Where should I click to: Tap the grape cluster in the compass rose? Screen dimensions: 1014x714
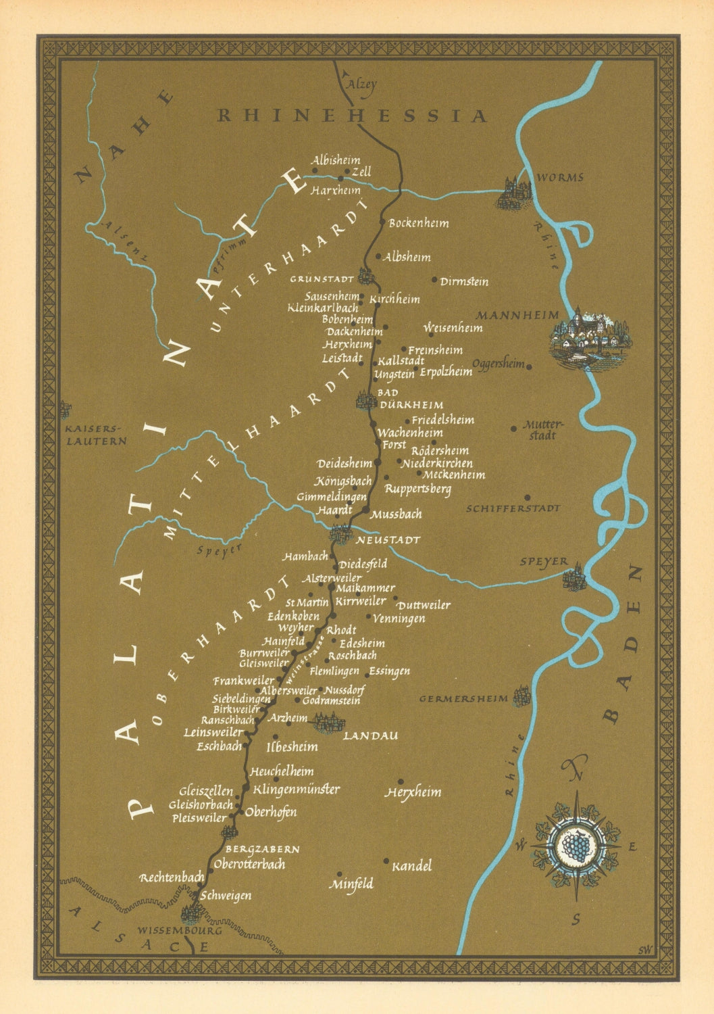[x=576, y=844]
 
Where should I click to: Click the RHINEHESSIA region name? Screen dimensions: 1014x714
[x=352, y=116]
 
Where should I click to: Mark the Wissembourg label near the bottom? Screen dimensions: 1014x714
[x=179, y=930]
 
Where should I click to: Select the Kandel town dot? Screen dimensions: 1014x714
[x=386, y=861]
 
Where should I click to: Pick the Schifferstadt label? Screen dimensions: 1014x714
[x=513, y=508]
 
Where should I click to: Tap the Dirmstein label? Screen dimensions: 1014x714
[x=464, y=282]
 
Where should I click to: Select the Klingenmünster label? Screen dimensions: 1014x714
[x=296, y=789]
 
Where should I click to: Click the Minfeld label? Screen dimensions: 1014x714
[x=351, y=884]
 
